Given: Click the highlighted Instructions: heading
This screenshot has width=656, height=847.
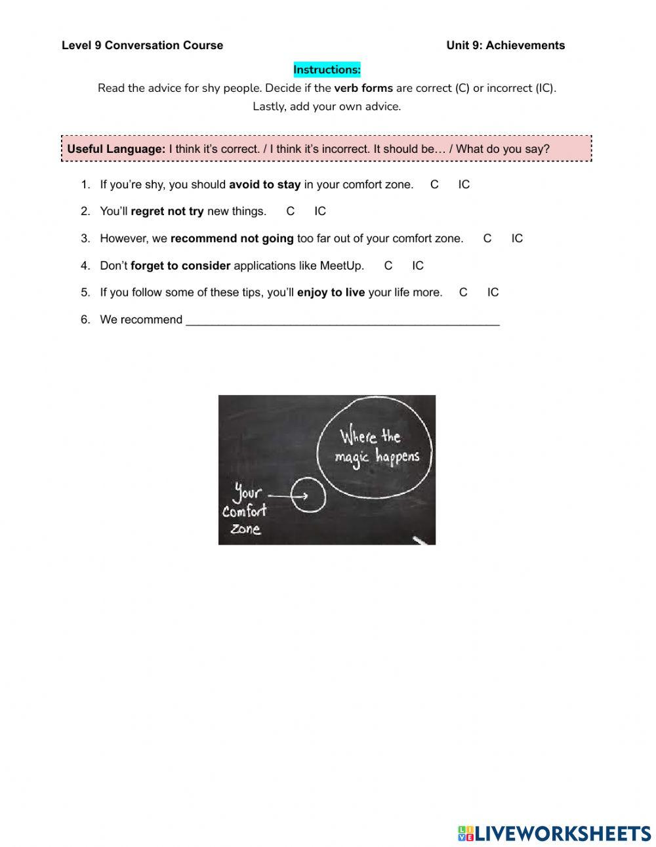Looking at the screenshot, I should pyautogui.click(x=327, y=70).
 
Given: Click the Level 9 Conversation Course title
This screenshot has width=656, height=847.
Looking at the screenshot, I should pyautogui.click(x=142, y=45).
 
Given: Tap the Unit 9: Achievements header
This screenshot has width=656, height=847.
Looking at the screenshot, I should pyautogui.click(x=505, y=45).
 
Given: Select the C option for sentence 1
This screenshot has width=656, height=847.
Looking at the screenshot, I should pyautogui.click(x=434, y=184).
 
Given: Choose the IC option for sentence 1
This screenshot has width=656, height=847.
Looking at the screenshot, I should pyautogui.click(x=464, y=184).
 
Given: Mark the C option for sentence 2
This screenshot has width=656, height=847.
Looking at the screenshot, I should pyautogui.click(x=290, y=211).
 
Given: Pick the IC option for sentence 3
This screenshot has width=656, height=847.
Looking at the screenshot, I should pyautogui.click(x=517, y=238).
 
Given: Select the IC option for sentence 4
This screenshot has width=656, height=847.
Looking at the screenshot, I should pyautogui.click(x=418, y=266).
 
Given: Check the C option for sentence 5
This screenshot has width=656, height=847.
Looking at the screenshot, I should pyautogui.click(x=463, y=293).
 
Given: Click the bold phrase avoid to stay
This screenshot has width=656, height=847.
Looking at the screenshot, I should pyautogui.click(x=264, y=184).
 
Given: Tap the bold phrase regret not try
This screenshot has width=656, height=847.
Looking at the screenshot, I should pyautogui.click(x=167, y=211).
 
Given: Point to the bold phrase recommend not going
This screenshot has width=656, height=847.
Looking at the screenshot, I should pyautogui.click(x=232, y=238).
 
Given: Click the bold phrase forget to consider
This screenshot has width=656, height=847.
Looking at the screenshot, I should pyautogui.click(x=180, y=266).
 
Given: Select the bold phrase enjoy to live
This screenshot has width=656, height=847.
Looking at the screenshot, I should pyautogui.click(x=331, y=293).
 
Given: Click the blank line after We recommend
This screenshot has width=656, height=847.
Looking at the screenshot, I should pyautogui.click(x=342, y=320).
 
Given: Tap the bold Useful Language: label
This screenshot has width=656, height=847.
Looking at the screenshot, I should pyautogui.click(x=116, y=149).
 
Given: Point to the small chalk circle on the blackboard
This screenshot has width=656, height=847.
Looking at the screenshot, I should pyautogui.click(x=308, y=495).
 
